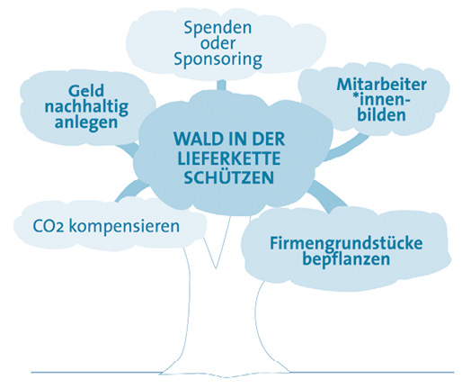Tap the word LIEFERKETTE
pyautogui.click(x=220, y=160)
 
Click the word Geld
pyautogui.click(x=85, y=91)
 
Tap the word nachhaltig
pyautogui.click(x=85, y=107)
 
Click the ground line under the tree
pyautogui.click(x=234, y=371)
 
